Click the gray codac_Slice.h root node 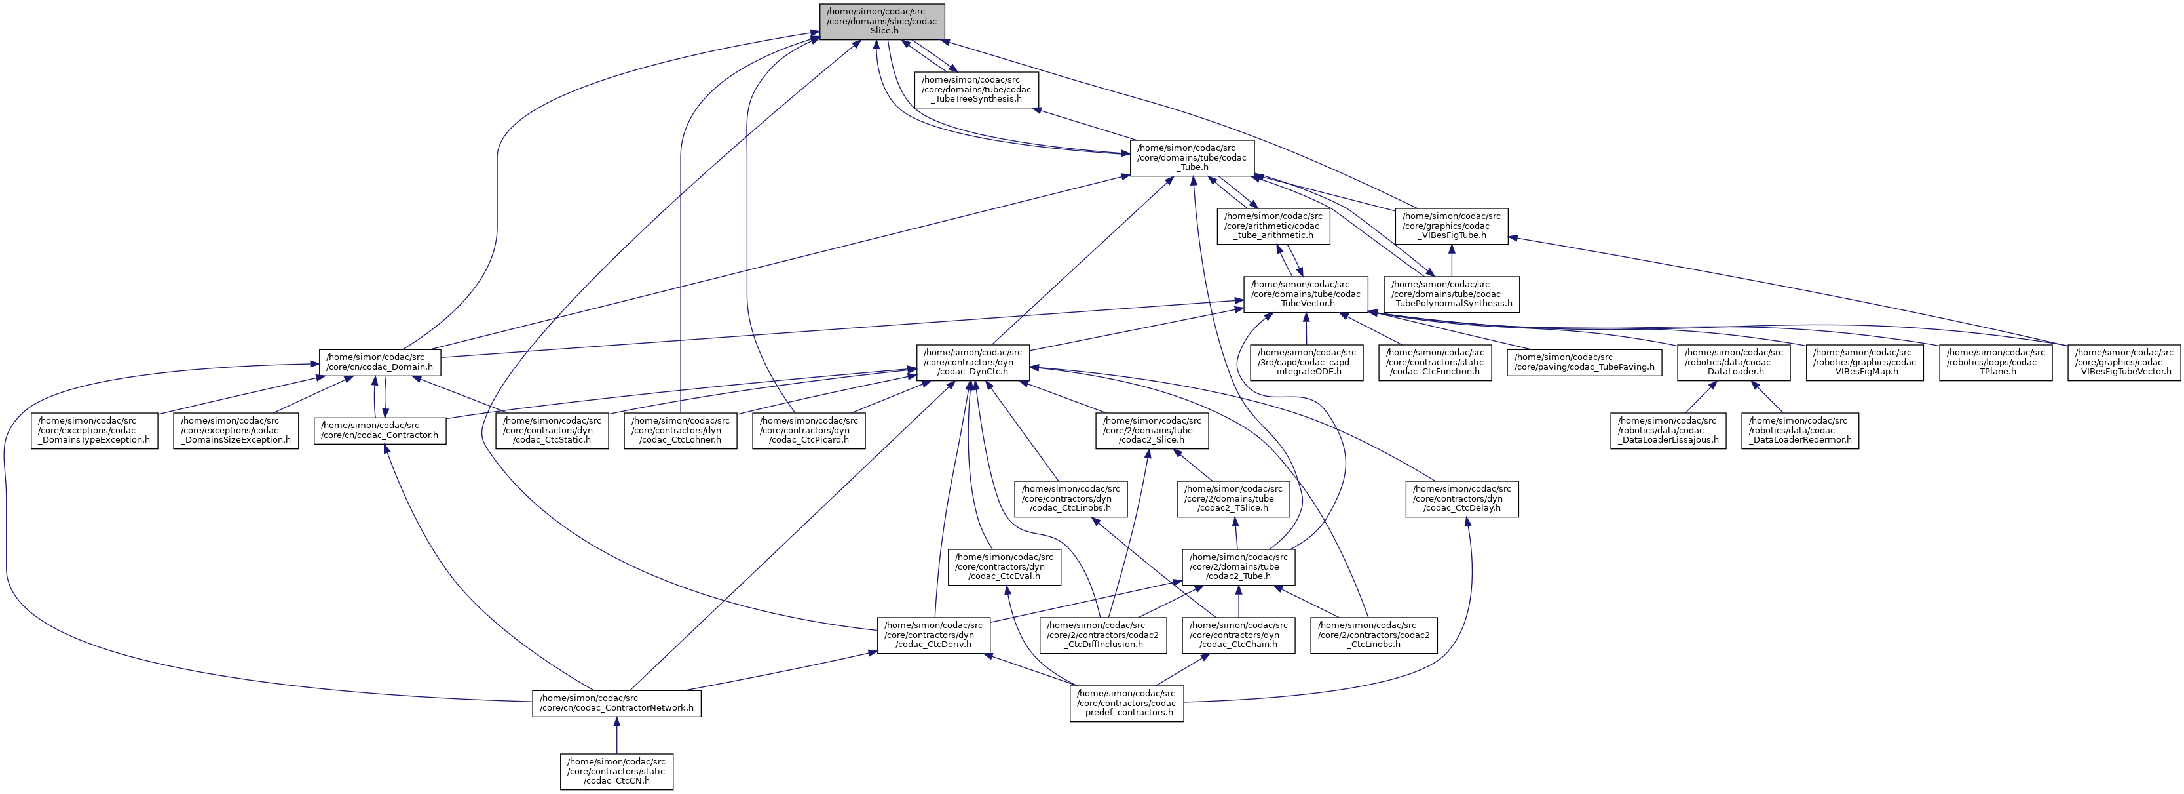click(x=882, y=21)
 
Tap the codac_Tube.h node click(x=1193, y=158)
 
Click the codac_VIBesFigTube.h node click(x=1452, y=226)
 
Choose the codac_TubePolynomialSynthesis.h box click(x=1452, y=294)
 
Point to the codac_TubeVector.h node click(x=1306, y=294)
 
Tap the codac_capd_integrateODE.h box click(x=1306, y=362)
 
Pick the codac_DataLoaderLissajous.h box click(x=1668, y=430)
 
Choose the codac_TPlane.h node click(x=1997, y=362)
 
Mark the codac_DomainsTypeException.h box click(x=95, y=430)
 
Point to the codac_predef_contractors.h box click(x=1127, y=704)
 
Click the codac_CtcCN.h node click(x=616, y=771)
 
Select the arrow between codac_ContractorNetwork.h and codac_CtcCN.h click(x=616, y=734)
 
